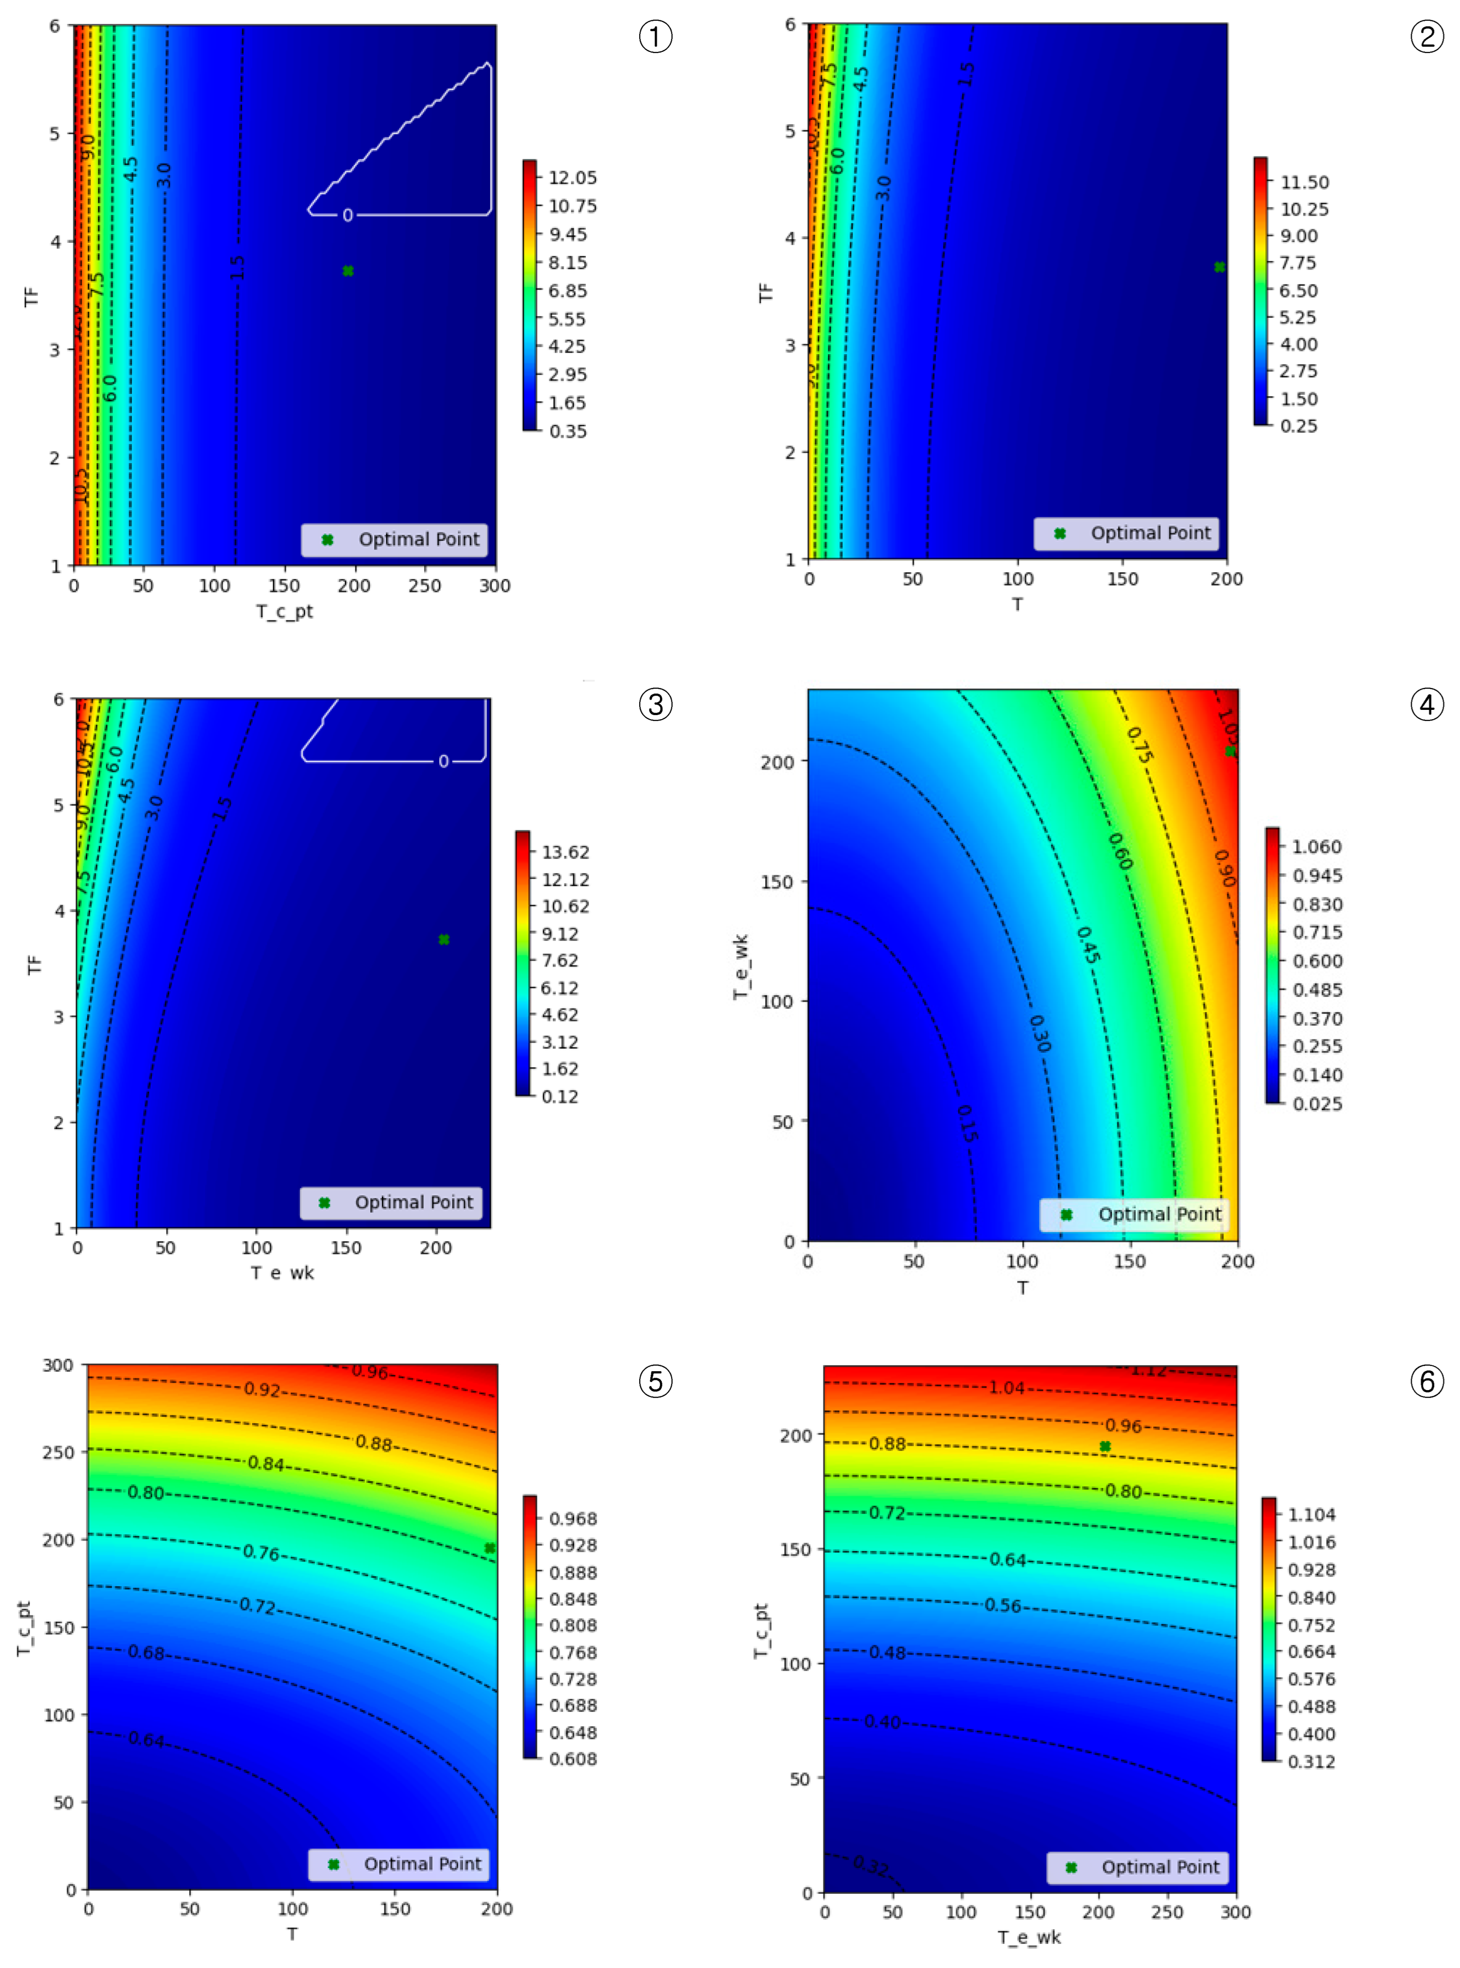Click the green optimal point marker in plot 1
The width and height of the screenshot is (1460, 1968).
[348, 271]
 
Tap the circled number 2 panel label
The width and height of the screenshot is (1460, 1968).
[1427, 37]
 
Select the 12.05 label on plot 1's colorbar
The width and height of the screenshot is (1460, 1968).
[572, 177]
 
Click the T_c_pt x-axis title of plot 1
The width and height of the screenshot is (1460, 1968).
[285, 612]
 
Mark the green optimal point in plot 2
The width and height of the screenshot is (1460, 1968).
[1219, 267]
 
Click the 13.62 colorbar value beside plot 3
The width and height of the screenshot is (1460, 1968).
[565, 852]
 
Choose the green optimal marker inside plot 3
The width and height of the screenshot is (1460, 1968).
[444, 939]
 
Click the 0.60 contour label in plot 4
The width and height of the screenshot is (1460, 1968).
[1120, 851]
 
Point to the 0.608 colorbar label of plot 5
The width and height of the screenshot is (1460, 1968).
[573, 1759]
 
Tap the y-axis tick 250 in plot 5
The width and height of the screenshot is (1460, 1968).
[58, 1452]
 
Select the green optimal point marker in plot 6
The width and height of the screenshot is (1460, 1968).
[1105, 1447]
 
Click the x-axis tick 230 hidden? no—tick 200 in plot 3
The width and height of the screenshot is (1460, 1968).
[436, 1248]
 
